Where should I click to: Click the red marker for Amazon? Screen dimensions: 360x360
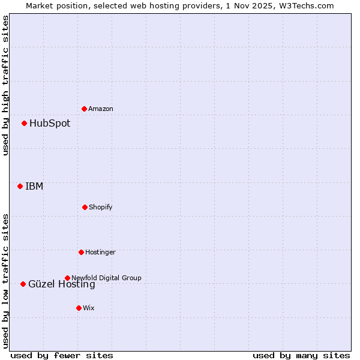click(x=85, y=109)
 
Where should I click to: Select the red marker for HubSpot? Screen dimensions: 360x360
click(x=25, y=124)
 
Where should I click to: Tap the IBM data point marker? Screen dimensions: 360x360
click(x=20, y=186)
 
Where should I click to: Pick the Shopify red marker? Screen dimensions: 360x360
click(x=85, y=207)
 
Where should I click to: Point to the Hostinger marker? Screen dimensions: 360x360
click(x=81, y=252)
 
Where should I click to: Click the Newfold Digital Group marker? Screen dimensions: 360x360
click(x=67, y=278)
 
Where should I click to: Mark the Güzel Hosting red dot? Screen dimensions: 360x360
click(x=23, y=284)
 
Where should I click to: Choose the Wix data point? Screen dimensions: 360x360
click(x=79, y=308)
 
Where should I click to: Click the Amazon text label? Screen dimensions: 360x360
click(x=101, y=109)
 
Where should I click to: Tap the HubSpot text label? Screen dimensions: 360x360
click(x=50, y=124)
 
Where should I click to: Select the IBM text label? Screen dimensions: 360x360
click(x=34, y=186)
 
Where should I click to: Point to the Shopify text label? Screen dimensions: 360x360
click(x=101, y=207)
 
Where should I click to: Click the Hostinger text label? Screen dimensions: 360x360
click(x=100, y=252)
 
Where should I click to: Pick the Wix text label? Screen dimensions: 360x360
click(x=89, y=308)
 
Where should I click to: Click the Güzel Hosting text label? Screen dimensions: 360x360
click(x=62, y=284)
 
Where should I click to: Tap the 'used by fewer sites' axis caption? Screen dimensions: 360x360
click(x=62, y=355)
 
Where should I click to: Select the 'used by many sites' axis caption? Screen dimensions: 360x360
click(x=301, y=355)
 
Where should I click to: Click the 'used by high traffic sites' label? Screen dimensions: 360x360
click(x=6, y=86)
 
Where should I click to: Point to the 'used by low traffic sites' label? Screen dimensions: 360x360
click(x=6, y=281)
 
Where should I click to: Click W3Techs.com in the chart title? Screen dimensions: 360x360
click(x=304, y=5)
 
